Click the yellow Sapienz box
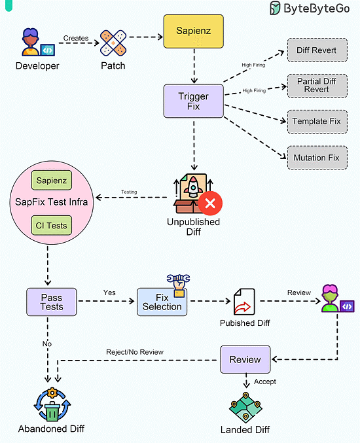pyautogui.click(x=194, y=31)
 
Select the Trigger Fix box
pyautogui.click(x=194, y=101)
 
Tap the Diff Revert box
pyautogui.click(x=317, y=50)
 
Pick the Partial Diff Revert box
pyautogui.click(x=317, y=86)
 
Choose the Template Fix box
pyautogui.click(x=317, y=122)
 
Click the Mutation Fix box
pyautogui.click(x=317, y=158)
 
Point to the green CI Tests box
pyautogui.click(x=52, y=226)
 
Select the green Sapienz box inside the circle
pyautogui.click(x=52, y=180)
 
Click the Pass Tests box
pyautogui.click(x=52, y=302)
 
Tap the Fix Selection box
pyautogui.click(x=162, y=302)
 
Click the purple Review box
pyautogui.click(x=245, y=359)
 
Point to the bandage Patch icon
pyautogui.click(x=113, y=43)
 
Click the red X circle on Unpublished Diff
pyautogui.click(x=210, y=203)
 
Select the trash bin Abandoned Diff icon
pyautogui.click(x=52, y=404)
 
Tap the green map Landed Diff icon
pyautogui.click(x=245, y=408)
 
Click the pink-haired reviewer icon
pyautogui.click(x=337, y=298)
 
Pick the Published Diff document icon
pyautogui.click(x=244, y=302)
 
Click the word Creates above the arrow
pyautogui.click(x=76, y=38)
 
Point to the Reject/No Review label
pyautogui.click(x=135, y=352)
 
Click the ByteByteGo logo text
pyautogui.click(x=317, y=9)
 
